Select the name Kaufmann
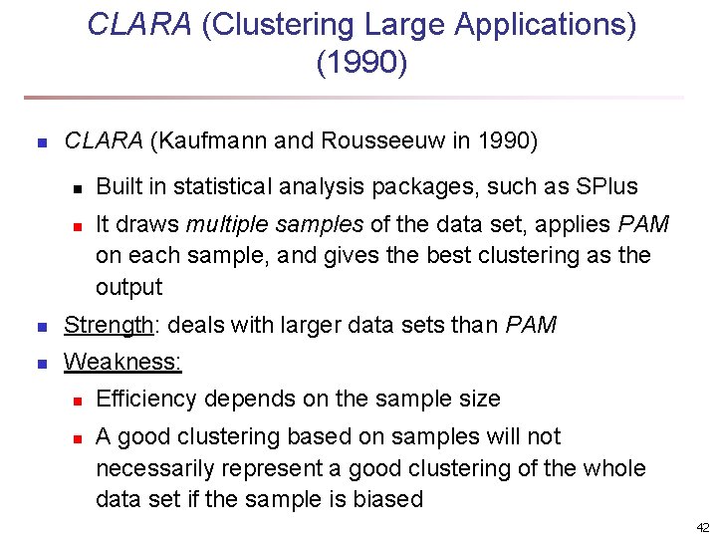point(211,141)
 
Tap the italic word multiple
point(228,223)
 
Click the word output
point(128,287)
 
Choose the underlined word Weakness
point(122,362)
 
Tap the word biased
point(389,499)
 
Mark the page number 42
point(703,527)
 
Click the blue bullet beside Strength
point(41,327)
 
